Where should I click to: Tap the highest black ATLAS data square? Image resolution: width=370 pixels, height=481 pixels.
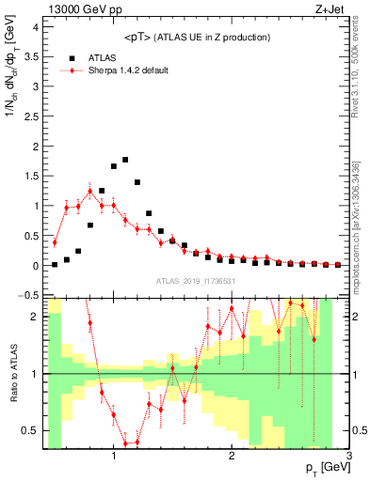[125, 160]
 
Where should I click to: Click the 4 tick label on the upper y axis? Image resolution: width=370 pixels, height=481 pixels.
[35, 26]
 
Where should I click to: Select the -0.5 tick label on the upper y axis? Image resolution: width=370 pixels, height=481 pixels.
[28, 295]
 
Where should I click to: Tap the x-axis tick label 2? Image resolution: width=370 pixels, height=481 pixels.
[232, 458]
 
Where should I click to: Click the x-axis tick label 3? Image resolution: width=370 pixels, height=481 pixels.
[349, 458]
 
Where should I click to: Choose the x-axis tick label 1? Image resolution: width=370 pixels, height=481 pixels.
[114, 458]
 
